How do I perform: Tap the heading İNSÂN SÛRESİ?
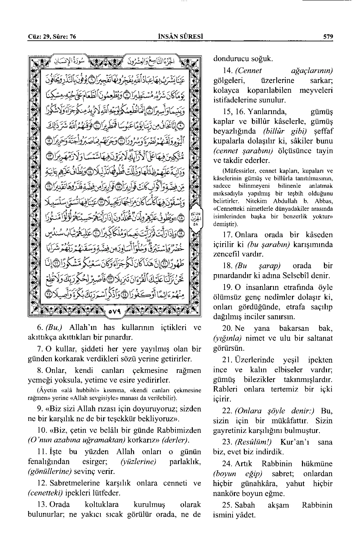[x=180, y=36]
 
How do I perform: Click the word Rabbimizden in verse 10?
[x=182, y=430]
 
